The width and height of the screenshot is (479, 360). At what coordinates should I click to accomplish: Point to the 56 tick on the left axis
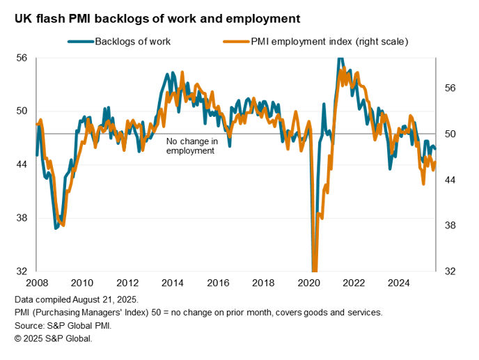(x=21, y=58)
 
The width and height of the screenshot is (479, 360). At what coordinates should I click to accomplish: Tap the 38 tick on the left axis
(x=21, y=218)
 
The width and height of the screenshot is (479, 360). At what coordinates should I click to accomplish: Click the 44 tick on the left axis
(x=21, y=164)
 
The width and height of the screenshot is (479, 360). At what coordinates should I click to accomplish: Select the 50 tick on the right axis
(x=450, y=134)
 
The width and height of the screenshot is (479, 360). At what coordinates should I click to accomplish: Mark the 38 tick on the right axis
(x=450, y=226)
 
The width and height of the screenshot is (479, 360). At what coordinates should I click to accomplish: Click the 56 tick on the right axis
(x=450, y=88)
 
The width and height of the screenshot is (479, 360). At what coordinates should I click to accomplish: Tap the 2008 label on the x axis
(x=37, y=283)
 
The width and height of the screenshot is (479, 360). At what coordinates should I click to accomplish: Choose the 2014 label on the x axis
(x=173, y=283)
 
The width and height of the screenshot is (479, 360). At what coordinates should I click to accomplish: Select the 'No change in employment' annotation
(x=191, y=146)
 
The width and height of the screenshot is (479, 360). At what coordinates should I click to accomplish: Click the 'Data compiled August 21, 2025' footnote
(x=81, y=299)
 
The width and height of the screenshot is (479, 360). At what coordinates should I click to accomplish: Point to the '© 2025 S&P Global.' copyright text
(x=53, y=338)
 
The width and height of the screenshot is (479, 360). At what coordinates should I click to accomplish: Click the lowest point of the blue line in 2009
(x=56, y=228)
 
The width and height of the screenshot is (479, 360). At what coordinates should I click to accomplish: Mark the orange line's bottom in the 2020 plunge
(x=314, y=270)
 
